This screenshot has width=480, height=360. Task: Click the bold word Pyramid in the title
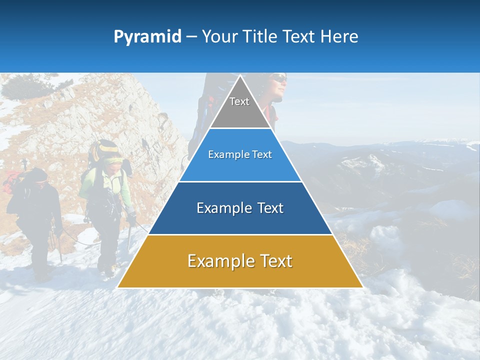[147, 37]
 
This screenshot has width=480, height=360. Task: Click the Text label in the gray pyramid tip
[239, 101]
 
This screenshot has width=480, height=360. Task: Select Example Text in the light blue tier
[240, 154]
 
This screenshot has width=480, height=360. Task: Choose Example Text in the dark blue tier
[240, 208]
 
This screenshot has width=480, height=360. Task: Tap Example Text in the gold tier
[240, 261]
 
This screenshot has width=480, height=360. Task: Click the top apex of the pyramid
[240, 75]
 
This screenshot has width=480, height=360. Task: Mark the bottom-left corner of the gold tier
[118, 287]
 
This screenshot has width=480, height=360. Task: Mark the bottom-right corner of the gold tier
[362, 287]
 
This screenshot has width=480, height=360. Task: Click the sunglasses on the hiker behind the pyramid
[279, 78]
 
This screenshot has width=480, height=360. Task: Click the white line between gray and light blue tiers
[240, 128]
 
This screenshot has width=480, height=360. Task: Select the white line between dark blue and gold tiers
[240, 234]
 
